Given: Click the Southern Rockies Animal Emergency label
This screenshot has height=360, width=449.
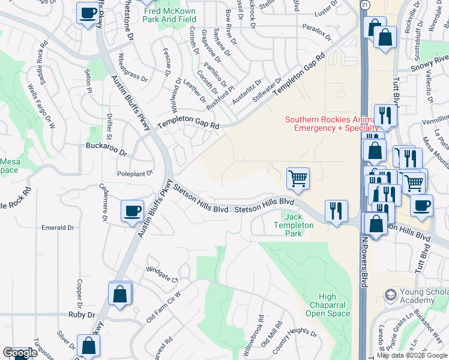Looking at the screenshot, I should pos(331,124).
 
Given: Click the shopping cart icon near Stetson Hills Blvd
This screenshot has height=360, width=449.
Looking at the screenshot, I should pos(298,178).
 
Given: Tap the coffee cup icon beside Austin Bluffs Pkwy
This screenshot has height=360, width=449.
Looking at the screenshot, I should pos(132,211).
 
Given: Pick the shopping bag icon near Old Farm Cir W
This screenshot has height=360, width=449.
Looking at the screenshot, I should pos(120,293).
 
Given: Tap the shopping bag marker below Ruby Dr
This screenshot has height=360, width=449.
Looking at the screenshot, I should pos(89,346).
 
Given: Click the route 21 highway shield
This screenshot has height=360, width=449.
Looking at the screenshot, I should pos(365,4).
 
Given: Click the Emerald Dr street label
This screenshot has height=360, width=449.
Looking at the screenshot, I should pos(57,228).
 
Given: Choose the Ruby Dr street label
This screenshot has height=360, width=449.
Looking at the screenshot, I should pos(82,314).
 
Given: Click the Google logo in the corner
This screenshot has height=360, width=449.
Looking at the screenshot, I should pos(20,353).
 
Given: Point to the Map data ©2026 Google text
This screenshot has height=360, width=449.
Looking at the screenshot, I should pos(412,355).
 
